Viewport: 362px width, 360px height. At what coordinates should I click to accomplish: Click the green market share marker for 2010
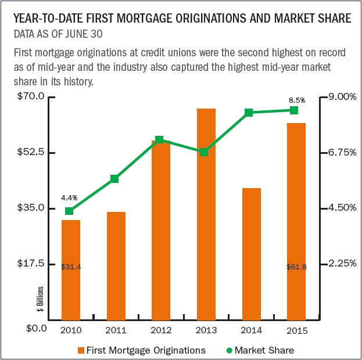click(x=70, y=211)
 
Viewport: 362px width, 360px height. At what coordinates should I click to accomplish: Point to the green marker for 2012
click(x=160, y=140)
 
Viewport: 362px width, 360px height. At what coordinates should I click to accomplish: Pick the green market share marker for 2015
click(x=295, y=110)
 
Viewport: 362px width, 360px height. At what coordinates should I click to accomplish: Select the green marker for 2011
click(x=114, y=179)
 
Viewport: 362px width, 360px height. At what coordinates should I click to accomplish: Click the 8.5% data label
click(x=297, y=100)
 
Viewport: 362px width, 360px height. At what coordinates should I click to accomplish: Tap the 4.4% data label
click(x=69, y=198)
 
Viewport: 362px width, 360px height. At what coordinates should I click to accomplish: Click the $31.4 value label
click(x=71, y=267)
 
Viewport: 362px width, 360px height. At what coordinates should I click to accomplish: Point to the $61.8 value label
click(x=296, y=267)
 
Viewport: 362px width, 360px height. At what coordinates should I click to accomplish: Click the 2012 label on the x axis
click(x=161, y=331)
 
